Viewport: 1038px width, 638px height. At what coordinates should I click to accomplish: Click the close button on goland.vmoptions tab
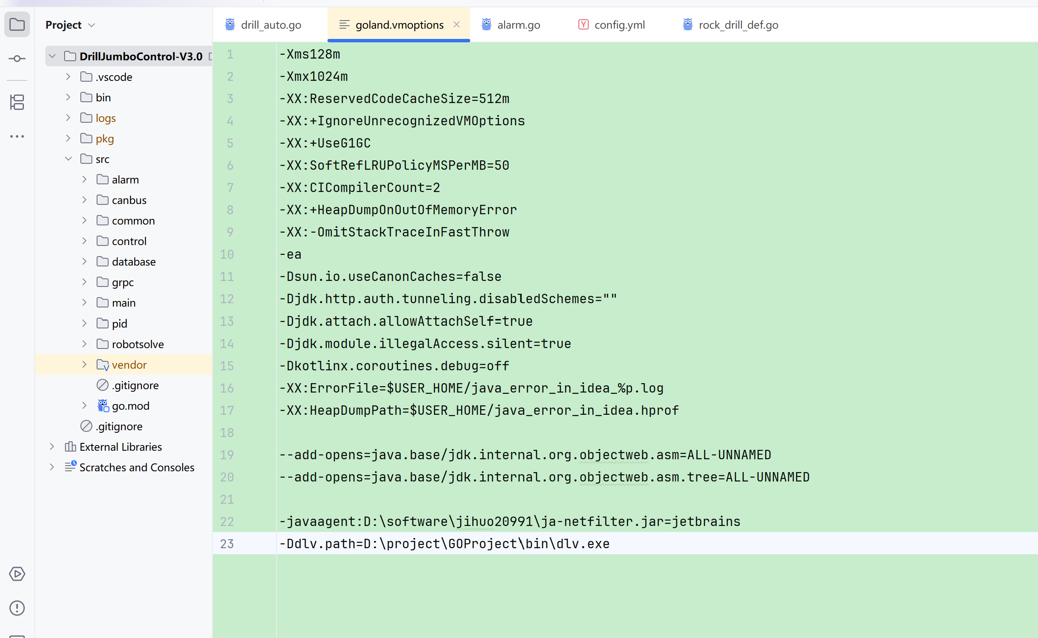[x=457, y=24]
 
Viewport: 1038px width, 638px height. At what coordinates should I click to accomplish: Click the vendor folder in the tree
[x=129, y=365]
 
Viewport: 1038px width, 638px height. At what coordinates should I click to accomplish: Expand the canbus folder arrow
[x=84, y=200]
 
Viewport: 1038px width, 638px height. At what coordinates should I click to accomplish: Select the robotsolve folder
[x=138, y=344]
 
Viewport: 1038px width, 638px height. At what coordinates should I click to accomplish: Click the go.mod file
[x=130, y=406]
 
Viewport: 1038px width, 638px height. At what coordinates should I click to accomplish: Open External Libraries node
[x=121, y=447]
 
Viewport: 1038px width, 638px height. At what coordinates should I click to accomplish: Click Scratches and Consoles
[x=137, y=467]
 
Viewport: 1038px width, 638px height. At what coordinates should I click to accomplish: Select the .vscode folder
[x=114, y=77]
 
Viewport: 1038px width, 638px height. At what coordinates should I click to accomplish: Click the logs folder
[x=106, y=118]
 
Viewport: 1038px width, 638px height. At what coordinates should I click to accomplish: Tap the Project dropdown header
[x=70, y=25]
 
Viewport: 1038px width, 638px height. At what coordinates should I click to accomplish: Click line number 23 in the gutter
[x=227, y=543]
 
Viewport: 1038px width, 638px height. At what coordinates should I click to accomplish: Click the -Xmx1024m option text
[x=313, y=77]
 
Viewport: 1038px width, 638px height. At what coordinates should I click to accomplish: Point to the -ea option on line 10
[x=290, y=254]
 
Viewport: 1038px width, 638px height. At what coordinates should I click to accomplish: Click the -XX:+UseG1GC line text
[x=325, y=143]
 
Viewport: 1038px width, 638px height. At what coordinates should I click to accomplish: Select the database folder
[x=133, y=262]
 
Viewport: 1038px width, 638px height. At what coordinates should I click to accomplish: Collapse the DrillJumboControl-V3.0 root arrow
[x=52, y=56]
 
